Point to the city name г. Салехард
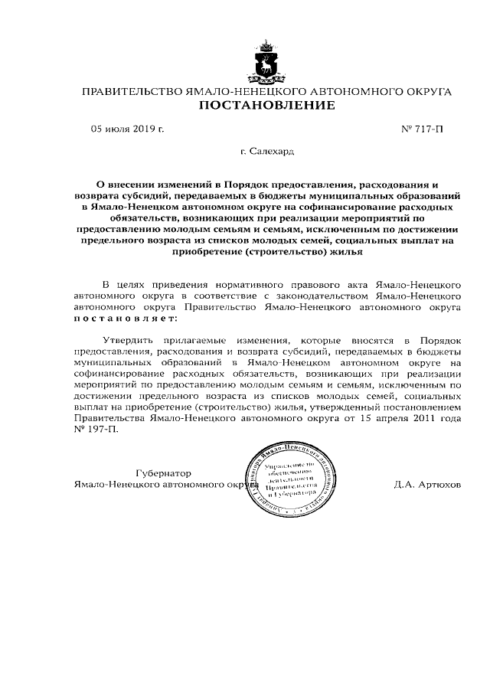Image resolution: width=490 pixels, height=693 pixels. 266,152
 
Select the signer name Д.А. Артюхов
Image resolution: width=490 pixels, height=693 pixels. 428,485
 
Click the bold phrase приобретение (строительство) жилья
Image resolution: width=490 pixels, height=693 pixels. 266,250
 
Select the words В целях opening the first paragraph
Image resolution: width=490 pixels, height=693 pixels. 119,283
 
